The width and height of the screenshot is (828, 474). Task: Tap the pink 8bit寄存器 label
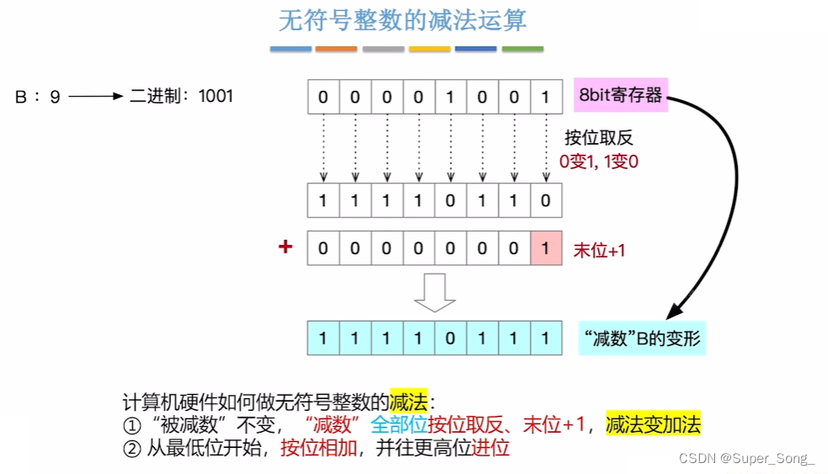click(x=621, y=94)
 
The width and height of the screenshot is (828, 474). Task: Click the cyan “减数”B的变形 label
click(x=642, y=338)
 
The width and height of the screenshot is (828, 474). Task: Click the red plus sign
click(x=286, y=248)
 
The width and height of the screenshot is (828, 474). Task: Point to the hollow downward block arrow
click(x=435, y=293)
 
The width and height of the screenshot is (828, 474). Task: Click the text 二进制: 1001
click(x=181, y=96)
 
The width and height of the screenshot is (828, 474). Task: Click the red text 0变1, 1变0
click(x=599, y=160)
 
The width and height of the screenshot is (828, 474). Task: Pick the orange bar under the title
click(x=336, y=50)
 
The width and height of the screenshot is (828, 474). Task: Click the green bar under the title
click(x=522, y=50)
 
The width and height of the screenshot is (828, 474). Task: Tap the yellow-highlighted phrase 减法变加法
click(x=654, y=425)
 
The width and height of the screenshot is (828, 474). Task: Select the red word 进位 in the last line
click(x=491, y=447)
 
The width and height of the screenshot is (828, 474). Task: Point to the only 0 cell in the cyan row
click(x=450, y=338)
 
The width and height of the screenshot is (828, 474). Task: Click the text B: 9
click(x=38, y=97)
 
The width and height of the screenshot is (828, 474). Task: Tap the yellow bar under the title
click(x=430, y=50)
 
